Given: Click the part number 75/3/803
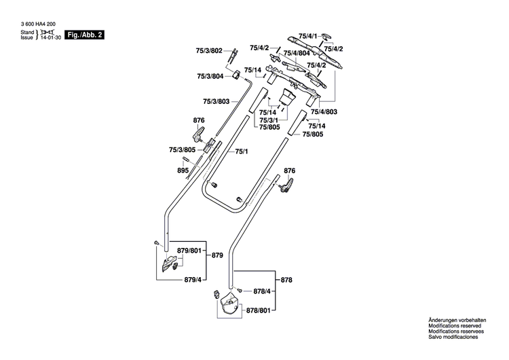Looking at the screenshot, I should [217, 101].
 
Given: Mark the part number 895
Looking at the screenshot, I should [183, 171].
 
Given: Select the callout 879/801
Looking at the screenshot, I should [191, 251].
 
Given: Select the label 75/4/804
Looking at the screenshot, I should [297, 54].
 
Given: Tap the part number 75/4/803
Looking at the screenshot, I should [324, 111].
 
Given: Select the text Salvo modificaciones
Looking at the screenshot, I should [453, 338].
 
